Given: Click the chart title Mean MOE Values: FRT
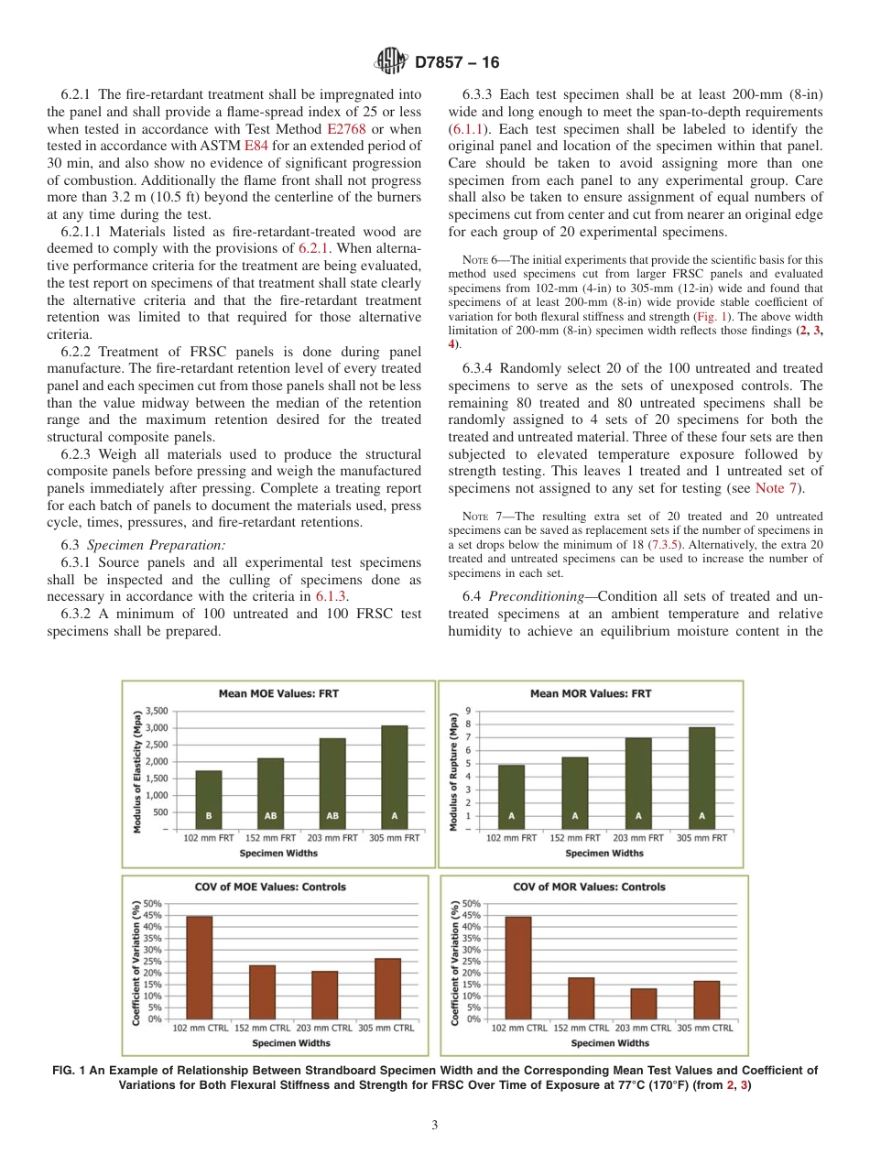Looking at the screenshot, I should (x=278, y=693).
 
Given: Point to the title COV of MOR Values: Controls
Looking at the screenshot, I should (x=602, y=887).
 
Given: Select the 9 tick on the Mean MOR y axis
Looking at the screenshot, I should (x=469, y=711).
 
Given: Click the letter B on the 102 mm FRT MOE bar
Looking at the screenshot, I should (x=209, y=814).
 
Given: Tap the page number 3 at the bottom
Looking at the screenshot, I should (x=435, y=1126).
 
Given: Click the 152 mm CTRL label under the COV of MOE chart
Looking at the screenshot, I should (x=262, y=1028).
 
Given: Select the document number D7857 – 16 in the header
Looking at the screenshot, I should (x=457, y=62).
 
